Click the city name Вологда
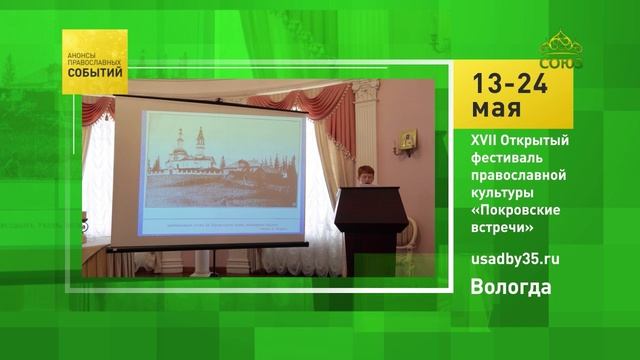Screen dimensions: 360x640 click(511, 289)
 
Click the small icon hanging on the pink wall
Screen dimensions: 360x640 click(406, 141)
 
